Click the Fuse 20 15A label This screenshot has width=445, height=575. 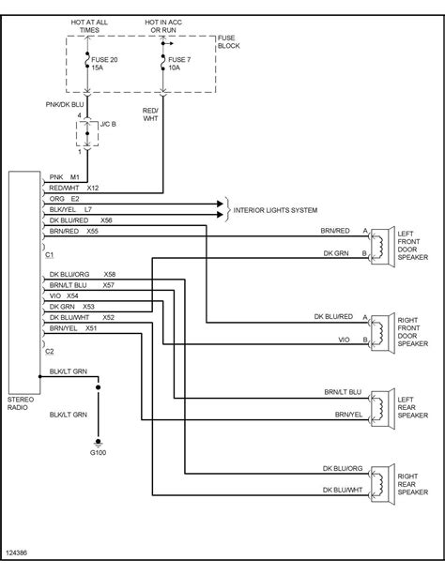(104, 64)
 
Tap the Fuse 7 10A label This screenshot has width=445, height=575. (179, 64)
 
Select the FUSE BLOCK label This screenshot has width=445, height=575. (229, 42)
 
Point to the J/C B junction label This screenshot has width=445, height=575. (108, 125)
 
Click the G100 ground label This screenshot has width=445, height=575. (98, 452)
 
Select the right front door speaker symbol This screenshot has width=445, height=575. (382, 333)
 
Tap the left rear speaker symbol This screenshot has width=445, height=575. (382, 409)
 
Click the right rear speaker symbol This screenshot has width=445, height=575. (382, 484)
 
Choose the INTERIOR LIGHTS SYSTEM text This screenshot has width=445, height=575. (275, 210)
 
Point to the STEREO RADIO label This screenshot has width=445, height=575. (21, 403)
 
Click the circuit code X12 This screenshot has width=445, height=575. (93, 188)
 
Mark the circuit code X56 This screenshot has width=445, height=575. (106, 220)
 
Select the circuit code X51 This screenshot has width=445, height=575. (91, 328)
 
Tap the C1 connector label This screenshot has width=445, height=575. (50, 254)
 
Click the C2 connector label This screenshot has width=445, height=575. (50, 352)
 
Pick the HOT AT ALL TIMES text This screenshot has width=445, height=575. (89, 26)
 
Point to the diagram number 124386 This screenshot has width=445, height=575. (17, 552)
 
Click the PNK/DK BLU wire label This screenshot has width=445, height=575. (65, 104)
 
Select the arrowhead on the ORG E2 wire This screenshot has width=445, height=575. (220, 204)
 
